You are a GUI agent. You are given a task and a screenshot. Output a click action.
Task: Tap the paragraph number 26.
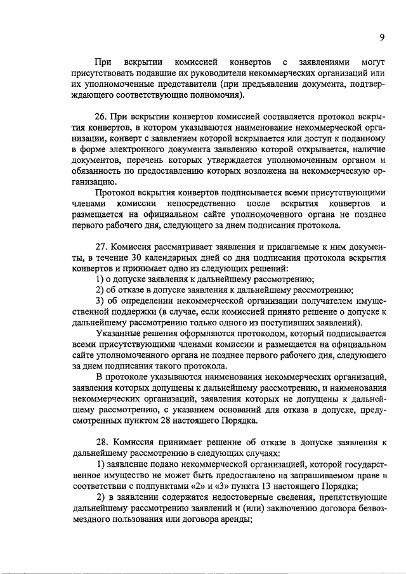coord(101,117)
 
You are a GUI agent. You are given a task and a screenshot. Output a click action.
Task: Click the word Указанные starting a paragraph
coord(119,332)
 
